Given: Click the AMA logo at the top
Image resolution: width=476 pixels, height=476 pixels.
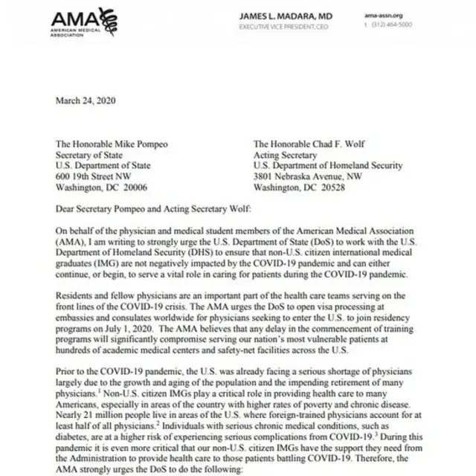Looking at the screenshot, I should pyautogui.click(x=84, y=22).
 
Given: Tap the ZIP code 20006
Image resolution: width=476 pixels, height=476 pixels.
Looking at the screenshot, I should pyautogui.click(x=155, y=188).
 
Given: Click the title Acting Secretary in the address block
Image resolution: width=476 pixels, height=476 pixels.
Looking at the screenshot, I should pyautogui.click(x=285, y=155).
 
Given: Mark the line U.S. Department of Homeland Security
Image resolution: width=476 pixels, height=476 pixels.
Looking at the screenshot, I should pyautogui.click(x=328, y=167).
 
